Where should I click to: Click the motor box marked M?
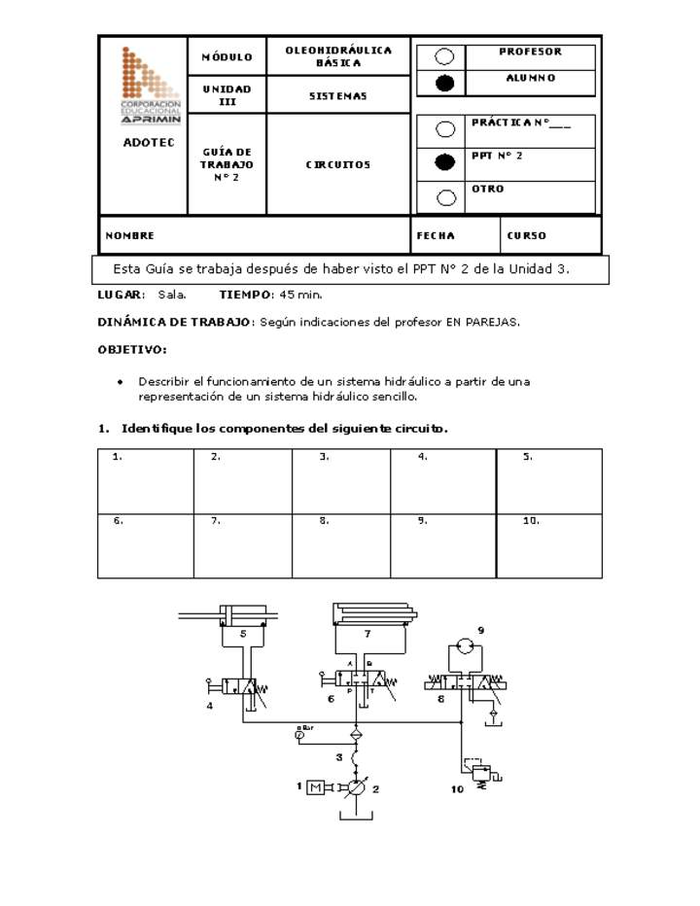tap(316, 787)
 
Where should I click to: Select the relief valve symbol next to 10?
tap(477, 775)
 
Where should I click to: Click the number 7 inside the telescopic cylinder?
tap(367, 634)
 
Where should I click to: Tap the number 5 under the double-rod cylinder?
tap(242, 633)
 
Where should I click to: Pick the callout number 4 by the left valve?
tap(209, 707)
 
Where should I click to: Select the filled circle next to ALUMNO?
tap(444, 83)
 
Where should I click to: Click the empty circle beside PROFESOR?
tap(444, 56)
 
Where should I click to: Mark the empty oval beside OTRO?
tap(446, 197)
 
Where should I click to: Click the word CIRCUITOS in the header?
tap(338, 165)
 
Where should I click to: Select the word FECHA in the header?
tap(436, 236)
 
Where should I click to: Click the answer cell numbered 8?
tap(341, 545)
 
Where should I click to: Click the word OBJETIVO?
tap(131, 349)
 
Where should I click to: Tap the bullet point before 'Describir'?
tap(120, 382)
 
